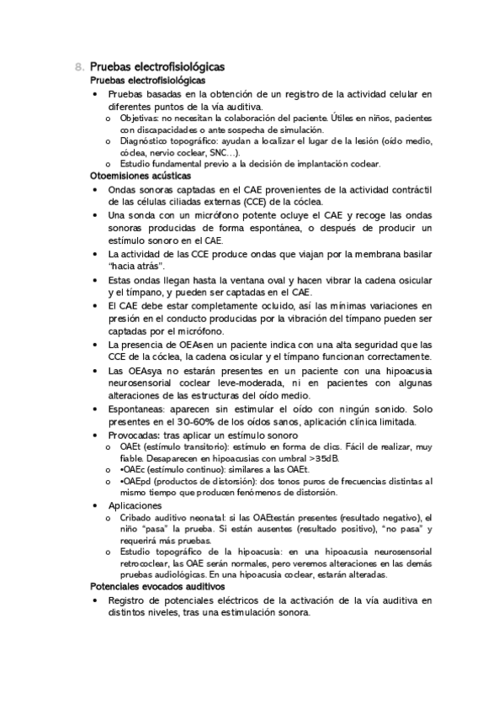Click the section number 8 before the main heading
point(78,66)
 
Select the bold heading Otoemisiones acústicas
point(140,177)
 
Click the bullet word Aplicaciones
point(135,506)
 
